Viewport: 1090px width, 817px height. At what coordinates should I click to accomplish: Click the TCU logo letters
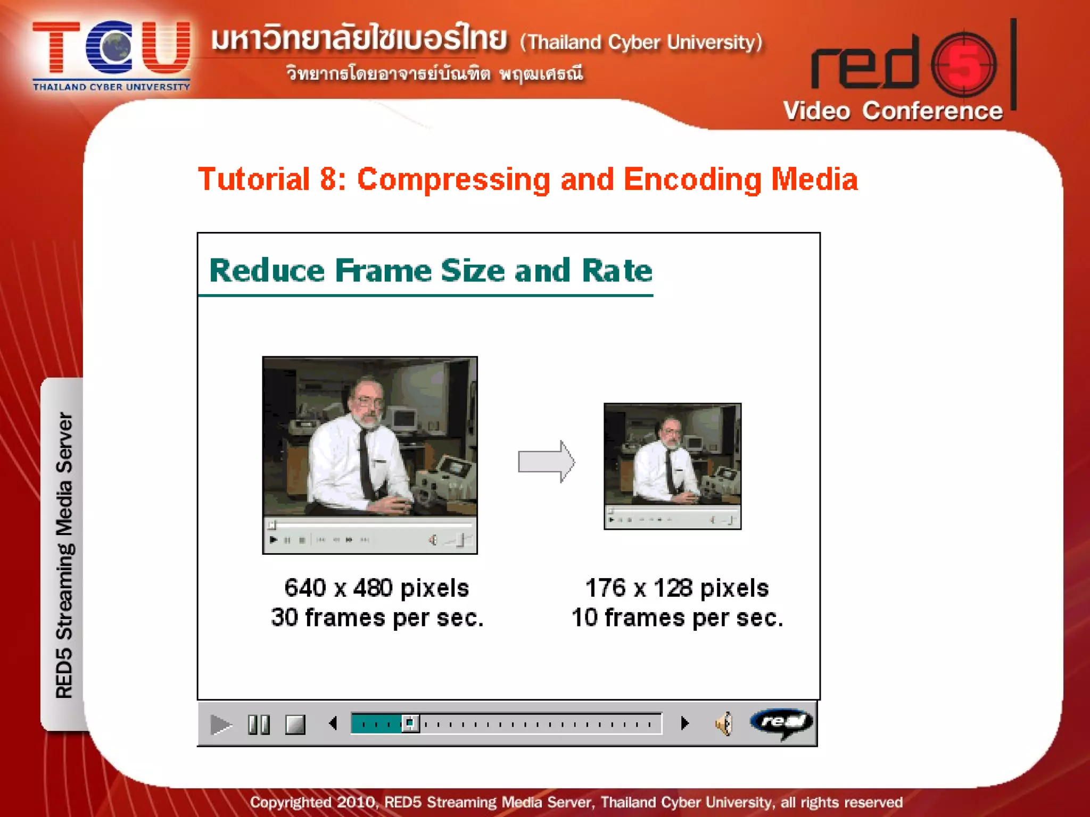point(111,48)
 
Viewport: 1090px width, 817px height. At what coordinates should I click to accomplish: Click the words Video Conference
point(893,111)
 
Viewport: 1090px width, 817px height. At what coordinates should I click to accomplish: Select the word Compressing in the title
point(453,179)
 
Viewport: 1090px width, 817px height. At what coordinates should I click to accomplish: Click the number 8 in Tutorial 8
point(328,179)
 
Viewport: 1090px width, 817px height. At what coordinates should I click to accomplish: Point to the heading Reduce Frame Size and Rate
point(430,271)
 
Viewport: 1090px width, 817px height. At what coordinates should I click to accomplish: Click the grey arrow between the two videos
point(546,461)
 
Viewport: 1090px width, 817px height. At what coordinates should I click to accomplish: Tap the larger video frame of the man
point(370,437)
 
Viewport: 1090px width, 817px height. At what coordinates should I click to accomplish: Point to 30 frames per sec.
point(377,618)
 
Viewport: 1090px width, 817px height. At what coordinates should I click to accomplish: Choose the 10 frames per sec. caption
point(677,618)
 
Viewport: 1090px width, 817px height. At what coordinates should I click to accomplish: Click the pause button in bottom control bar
point(259,724)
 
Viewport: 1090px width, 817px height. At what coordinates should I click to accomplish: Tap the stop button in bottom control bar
point(295,724)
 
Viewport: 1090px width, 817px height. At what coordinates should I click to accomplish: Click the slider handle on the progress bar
point(410,723)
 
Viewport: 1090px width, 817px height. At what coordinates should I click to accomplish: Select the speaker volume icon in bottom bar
point(724,724)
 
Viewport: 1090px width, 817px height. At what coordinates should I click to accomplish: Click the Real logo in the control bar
point(781,722)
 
